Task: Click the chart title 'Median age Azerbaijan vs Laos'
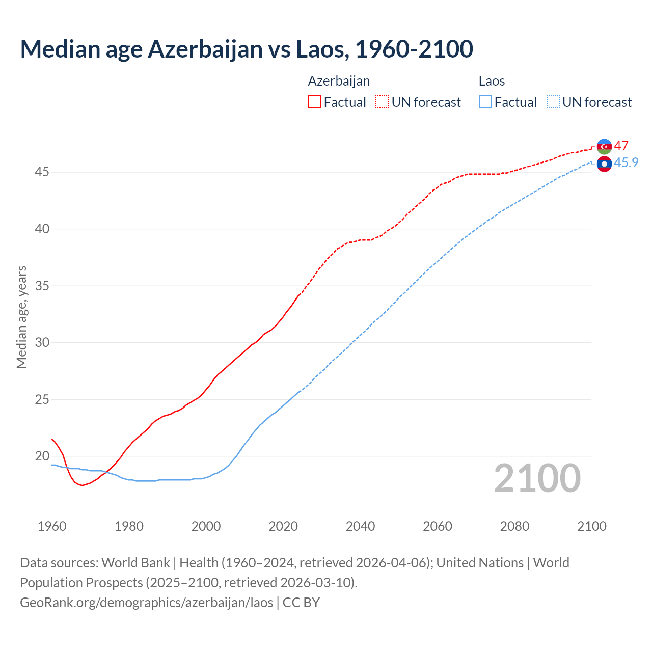point(247,49)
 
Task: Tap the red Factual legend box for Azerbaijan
point(314,102)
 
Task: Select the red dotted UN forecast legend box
point(382,102)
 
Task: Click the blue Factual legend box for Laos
point(485,102)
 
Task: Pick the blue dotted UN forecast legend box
point(553,102)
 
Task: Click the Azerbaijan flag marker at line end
point(604,146)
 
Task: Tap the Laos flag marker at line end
point(604,164)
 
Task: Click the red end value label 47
point(621,146)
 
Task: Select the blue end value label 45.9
point(626,162)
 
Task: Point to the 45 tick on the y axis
point(42,172)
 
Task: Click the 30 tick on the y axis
point(42,342)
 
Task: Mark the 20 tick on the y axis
point(42,456)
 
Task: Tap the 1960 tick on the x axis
point(52,526)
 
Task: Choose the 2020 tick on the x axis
point(283,526)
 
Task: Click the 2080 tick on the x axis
point(514,526)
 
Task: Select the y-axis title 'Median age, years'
point(21,317)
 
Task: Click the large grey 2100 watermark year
point(537,478)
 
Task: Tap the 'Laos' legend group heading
point(492,81)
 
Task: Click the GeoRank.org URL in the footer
point(147,602)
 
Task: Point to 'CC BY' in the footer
point(301,602)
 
